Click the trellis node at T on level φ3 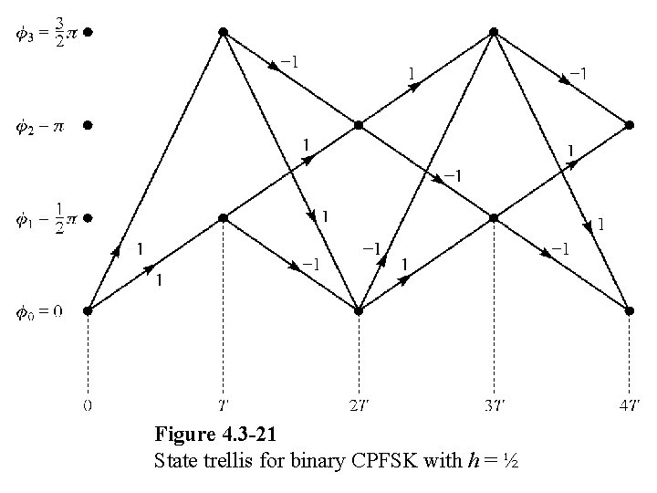click(x=223, y=32)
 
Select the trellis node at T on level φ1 click(x=223, y=217)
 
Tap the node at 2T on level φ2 click(x=359, y=125)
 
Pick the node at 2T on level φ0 click(x=359, y=310)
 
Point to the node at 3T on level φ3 click(x=494, y=32)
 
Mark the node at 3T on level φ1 click(x=494, y=217)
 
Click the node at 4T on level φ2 click(x=629, y=125)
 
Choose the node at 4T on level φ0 click(x=629, y=310)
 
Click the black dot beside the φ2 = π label click(x=88, y=125)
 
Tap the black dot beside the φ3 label click(x=88, y=32)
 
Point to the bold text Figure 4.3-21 click(x=215, y=434)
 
